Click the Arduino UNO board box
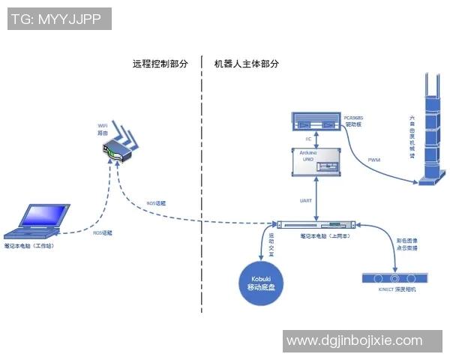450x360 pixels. [315, 162]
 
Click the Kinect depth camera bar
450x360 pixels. [394, 278]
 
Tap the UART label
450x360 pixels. [306, 201]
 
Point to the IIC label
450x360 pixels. [308, 139]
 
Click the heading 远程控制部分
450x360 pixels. [160, 64]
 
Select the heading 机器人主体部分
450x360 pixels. [247, 64]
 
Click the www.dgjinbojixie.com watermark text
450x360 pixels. [355, 340]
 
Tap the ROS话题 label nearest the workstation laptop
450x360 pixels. [102, 233]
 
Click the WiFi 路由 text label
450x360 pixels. [104, 128]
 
